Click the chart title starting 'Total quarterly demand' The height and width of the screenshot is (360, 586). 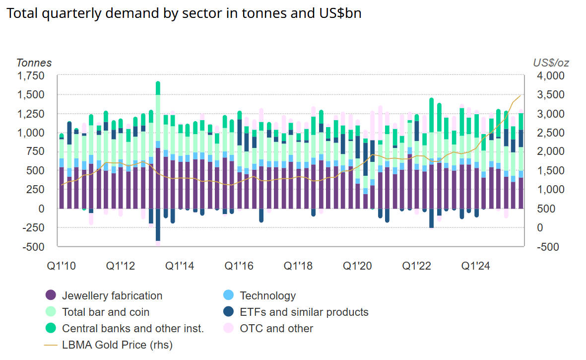[x=184, y=13]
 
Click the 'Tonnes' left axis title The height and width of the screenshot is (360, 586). [x=34, y=63]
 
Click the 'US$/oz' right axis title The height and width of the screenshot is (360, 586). [x=551, y=63]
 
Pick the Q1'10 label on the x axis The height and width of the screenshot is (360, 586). [x=62, y=266]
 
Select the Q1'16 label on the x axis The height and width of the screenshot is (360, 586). [x=239, y=266]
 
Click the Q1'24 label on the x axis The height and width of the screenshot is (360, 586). [x=476, y=266]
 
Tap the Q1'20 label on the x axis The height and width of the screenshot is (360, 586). [x=358, y=266]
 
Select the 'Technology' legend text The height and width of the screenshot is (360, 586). [x=267, y=296]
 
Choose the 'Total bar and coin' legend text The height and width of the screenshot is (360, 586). [x=106, y=312]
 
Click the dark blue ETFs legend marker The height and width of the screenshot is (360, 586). [x=229, y=312]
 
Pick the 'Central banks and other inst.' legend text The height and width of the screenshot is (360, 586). [x=133, y=328]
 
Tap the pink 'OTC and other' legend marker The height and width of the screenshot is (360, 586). [x=229, y=328]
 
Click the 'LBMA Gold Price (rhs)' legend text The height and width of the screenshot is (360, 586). [x=117, y=345]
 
